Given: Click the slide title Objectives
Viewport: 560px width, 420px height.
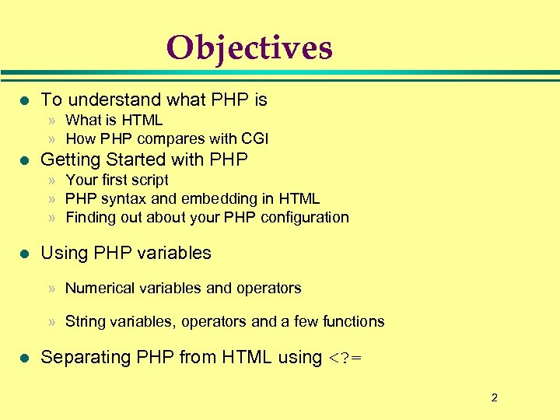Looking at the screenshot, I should click(x=249, y=47).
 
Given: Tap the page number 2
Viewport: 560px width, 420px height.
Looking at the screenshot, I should click(x=494, y=398).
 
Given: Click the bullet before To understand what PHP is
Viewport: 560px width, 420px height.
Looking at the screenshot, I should click(x=23, y=100).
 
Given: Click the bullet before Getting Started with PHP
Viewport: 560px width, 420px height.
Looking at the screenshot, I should click(x=23, y=160).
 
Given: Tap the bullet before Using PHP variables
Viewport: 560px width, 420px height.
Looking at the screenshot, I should click(x=23, y=254).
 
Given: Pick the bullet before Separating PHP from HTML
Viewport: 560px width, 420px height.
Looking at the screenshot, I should click(x=23, y=358).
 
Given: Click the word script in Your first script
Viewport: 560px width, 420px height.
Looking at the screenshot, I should click(x=150, y=180).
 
